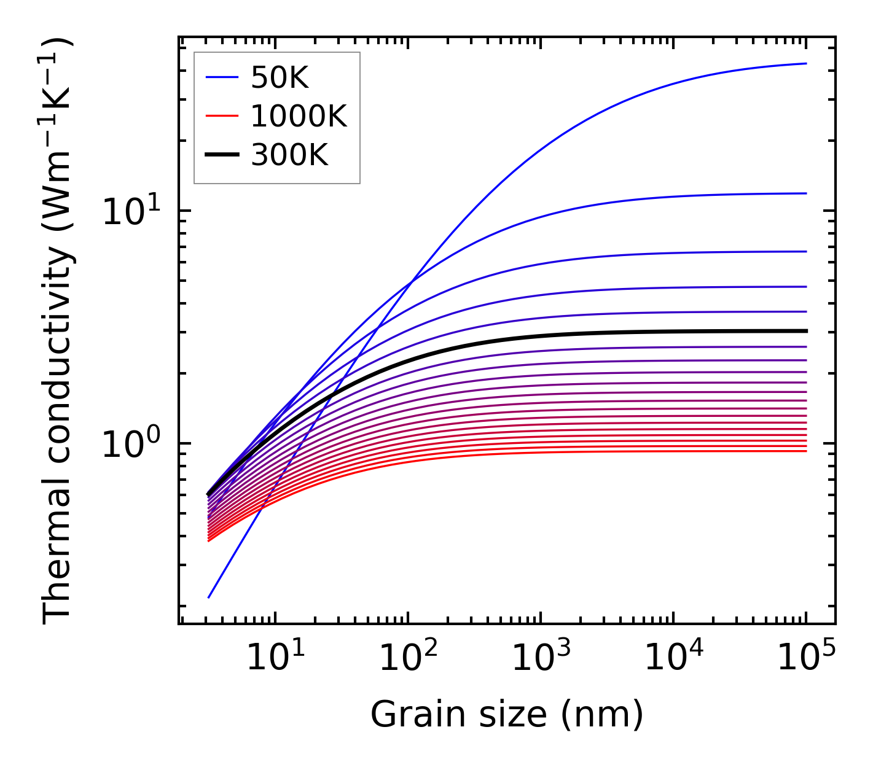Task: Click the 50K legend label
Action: click(x=280, y=77)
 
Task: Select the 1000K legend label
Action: click(x=299, y=116)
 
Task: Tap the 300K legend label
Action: click(x=289, y=155)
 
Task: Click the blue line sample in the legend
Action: click(x=222, y=77)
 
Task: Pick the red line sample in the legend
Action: click(x=222, y=116)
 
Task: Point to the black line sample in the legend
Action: click(x=222, y=155)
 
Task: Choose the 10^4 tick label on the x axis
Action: click(x=672, y=659)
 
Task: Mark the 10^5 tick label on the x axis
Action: click(x=805, y=659)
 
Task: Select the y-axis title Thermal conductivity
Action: click(x=58, y=332)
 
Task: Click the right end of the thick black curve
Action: click(x=805, y=331)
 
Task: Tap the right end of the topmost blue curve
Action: click(x=805, y=63)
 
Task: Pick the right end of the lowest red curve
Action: click(x=805, y=451)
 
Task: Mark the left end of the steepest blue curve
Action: click(x=209, y=597)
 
